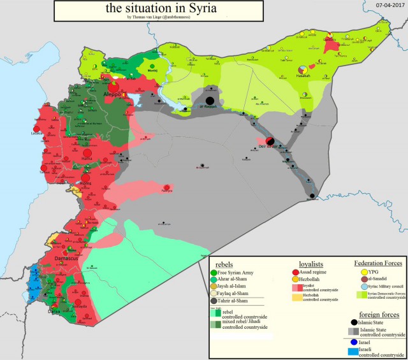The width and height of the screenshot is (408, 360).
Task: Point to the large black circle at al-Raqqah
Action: tap(210, 100)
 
